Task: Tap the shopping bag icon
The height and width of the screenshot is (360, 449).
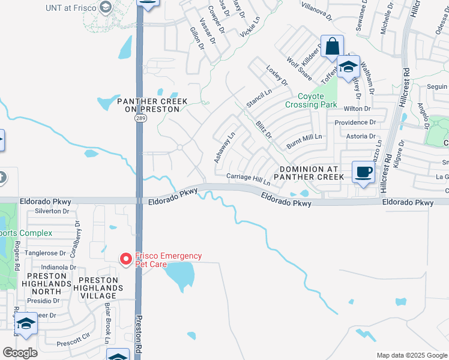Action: click(332, 47)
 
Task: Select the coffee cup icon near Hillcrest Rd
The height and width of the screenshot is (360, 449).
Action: click(363, 173)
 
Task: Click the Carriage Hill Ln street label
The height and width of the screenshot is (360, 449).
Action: click(249, 179)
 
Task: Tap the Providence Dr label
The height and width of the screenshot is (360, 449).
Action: click(355, 122)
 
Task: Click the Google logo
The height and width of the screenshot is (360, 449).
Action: click(20, 353)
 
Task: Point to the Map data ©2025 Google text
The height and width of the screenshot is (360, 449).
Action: click(411, 355)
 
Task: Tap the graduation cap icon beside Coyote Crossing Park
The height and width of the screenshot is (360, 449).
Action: click(348, 67)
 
